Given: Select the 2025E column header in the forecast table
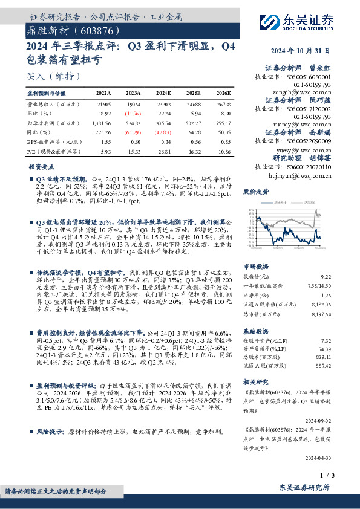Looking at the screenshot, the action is (194, 94).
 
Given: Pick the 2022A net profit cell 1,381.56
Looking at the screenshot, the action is (102, 122).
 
